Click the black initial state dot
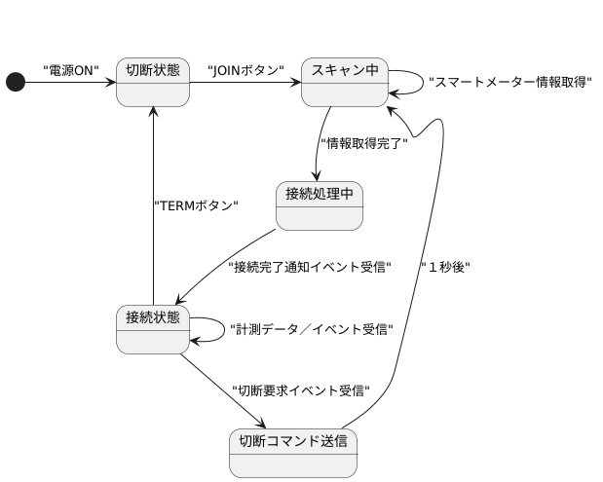(x=15, y=83)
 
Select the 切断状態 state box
(x=153, y=83)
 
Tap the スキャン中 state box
(x=345, y=83)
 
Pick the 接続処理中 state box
(x=320, y=206)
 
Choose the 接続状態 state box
(x=153, y=330)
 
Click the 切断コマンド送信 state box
(x=293, y=454)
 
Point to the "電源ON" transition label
(x=71, y=70)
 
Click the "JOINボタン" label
(x=246, y=70)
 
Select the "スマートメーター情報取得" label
(x=510, y=83)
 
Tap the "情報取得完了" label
(x=363, y=145)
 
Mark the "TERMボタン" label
(x=197, y=206)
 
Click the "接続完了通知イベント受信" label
(x=309, y=266)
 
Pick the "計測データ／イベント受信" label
(x=311, y=330)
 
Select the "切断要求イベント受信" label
(x=301, y=390)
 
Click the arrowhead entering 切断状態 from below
(x=153, y=111)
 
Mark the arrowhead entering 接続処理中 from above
(x=319, y=176)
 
